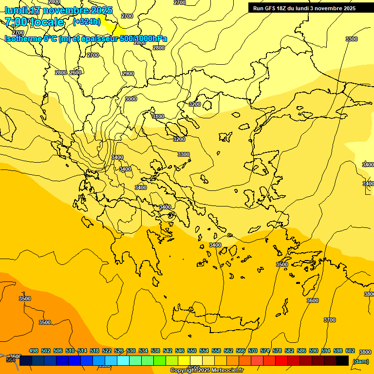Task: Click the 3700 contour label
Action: (x=330, y=320)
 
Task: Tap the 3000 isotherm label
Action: (x=131, y=99)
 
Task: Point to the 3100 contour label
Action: (x=158, y=116)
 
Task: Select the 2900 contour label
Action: (x=128, y=74)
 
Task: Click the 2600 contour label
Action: (x=75, y=73)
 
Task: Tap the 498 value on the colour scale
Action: (x=34, y=351)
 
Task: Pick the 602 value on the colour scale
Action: (x=350, y=351)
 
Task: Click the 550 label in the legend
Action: (x=192, y=351)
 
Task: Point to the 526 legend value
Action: (x=119, y=351)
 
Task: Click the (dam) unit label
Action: (x=360, y=361)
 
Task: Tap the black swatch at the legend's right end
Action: (x=342, y=360)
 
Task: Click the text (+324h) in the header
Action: (x=87, y=21)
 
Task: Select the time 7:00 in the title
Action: (x=16, y=22)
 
